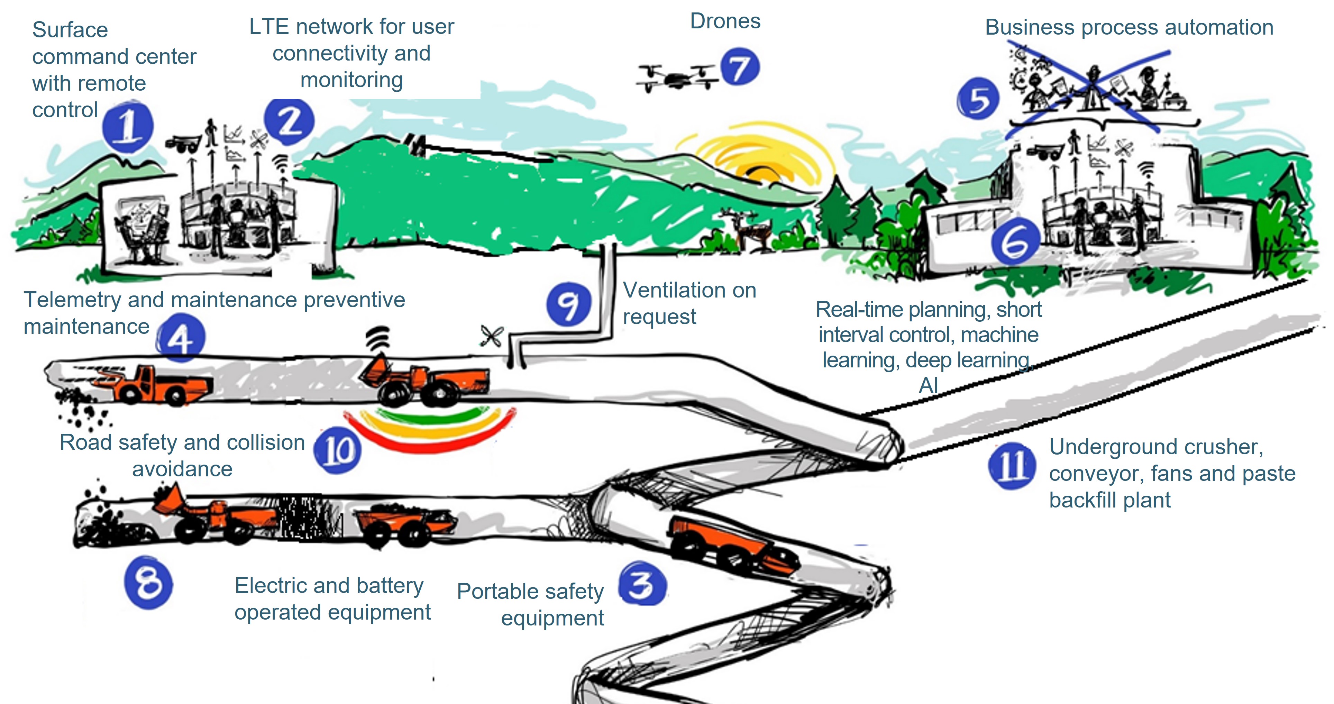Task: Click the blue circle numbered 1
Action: pyautogui.click(x=127, y=127)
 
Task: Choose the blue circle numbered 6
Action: pyautogui.click(x=1015, y=242)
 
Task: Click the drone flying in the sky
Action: pyautogui.click(x=676, y=79)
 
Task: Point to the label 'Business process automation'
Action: pyautogui.click(x=1129, y=27)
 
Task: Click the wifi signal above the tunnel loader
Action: pyautogui.click(x=378, y=337)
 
